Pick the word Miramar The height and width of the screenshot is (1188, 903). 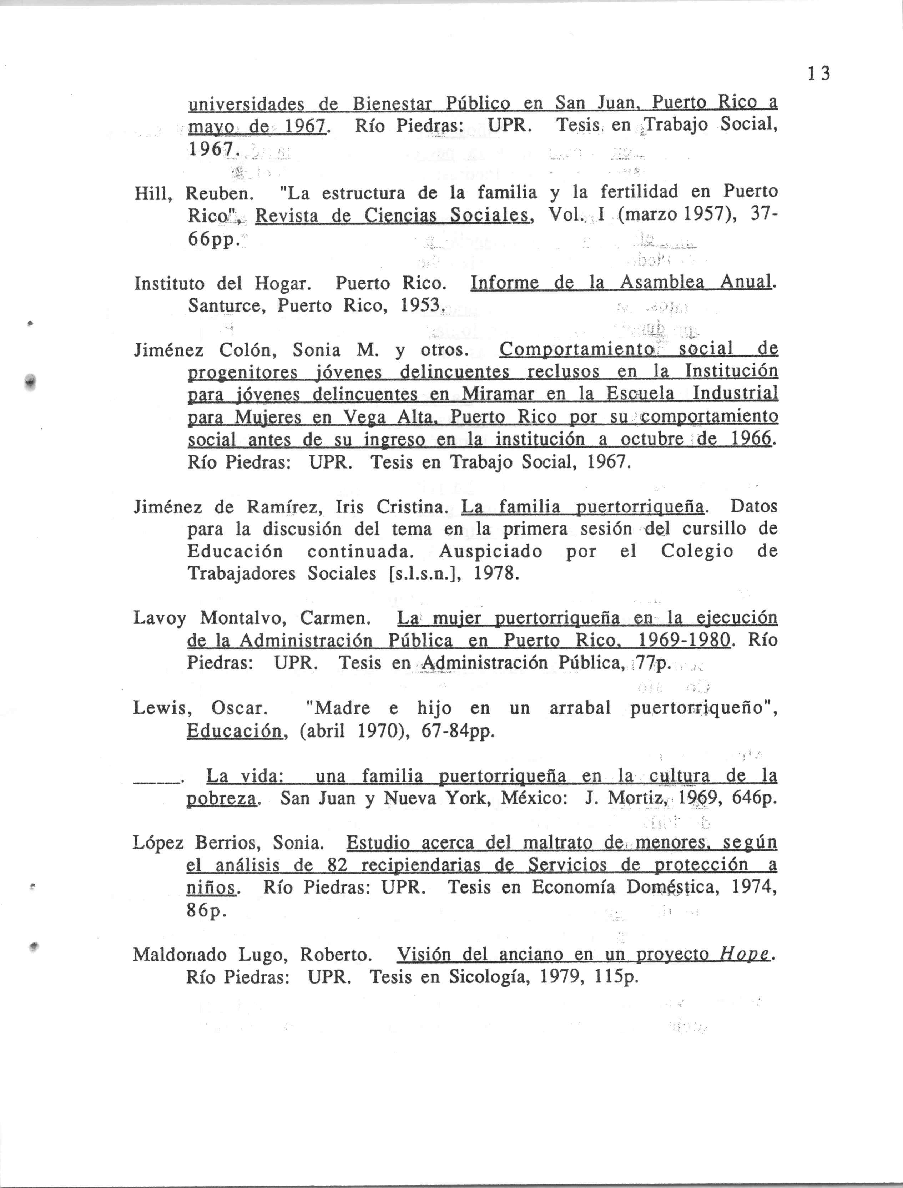tap(498, 394)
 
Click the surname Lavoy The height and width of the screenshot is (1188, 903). tap(160, 618)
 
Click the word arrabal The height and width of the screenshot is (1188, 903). tap(580, 708)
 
